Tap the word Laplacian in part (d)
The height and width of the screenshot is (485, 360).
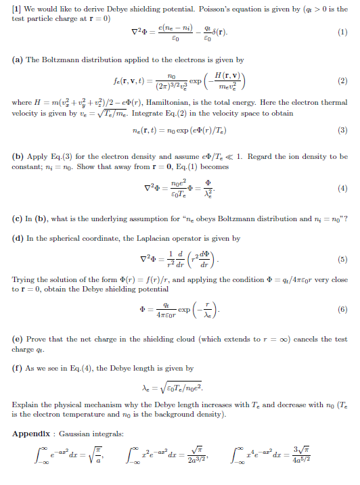[141, 238]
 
